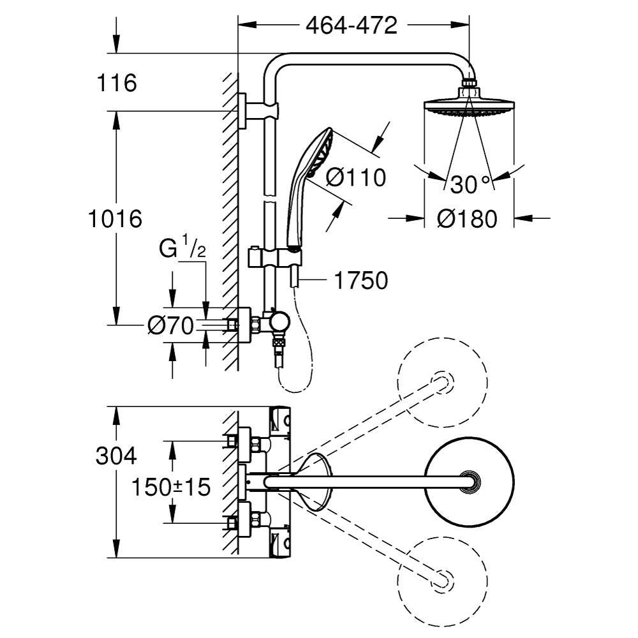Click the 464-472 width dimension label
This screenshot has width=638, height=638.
[x=352, y=26]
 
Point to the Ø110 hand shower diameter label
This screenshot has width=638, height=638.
[x=357, y=177]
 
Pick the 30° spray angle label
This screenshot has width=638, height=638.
[x=471, y=184]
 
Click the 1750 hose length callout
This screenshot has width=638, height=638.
[x=360, y=280]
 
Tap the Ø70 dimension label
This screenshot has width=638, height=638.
[x=170, y=326]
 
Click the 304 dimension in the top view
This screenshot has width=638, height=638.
[x=115, y=456]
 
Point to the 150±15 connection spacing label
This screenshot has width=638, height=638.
[x=171, y=488]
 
